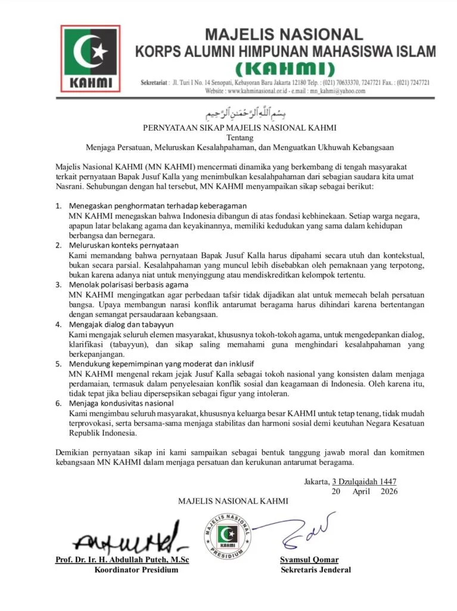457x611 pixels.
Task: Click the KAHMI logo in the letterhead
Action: (91, 58)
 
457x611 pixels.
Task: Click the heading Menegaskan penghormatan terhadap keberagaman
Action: (138, 206)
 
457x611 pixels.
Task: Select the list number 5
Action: (58, 364)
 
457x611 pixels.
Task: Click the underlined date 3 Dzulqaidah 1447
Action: (364, 482)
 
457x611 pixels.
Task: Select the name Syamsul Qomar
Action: (309, 560)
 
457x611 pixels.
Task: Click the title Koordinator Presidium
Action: (136, 570)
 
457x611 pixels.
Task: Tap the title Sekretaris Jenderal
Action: (316, 570)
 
